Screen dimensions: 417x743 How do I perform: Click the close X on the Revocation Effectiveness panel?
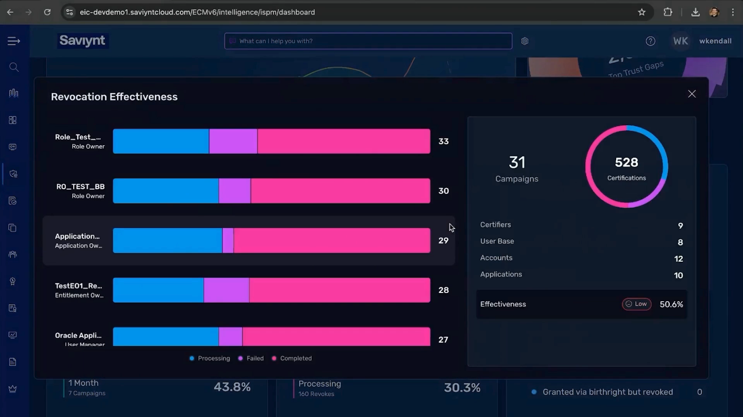coord(692,94)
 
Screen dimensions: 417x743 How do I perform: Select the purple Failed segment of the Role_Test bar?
coord(233,141)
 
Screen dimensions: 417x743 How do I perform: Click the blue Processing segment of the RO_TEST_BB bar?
coord(165,191)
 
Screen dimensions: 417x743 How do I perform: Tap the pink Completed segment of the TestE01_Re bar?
coord(339,290)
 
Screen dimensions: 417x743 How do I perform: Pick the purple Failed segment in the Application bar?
coord(228,241)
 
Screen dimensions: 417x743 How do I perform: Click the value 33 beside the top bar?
coord(443,141)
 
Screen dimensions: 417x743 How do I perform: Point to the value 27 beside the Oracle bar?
coord(443,340)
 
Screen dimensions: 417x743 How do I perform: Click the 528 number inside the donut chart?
coord(626,162)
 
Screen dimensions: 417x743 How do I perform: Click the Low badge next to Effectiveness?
coord(637,304)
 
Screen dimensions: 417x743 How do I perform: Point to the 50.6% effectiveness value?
coord(671,304)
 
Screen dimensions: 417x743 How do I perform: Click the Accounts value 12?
coord(678,259)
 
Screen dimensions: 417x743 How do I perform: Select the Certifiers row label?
coord(496,225)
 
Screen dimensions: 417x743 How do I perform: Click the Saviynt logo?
coord(82,40)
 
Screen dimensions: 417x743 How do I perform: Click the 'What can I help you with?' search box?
coord(368,41)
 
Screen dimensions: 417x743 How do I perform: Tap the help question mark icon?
coord(650,41)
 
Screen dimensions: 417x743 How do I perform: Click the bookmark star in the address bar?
coord(641,12)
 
